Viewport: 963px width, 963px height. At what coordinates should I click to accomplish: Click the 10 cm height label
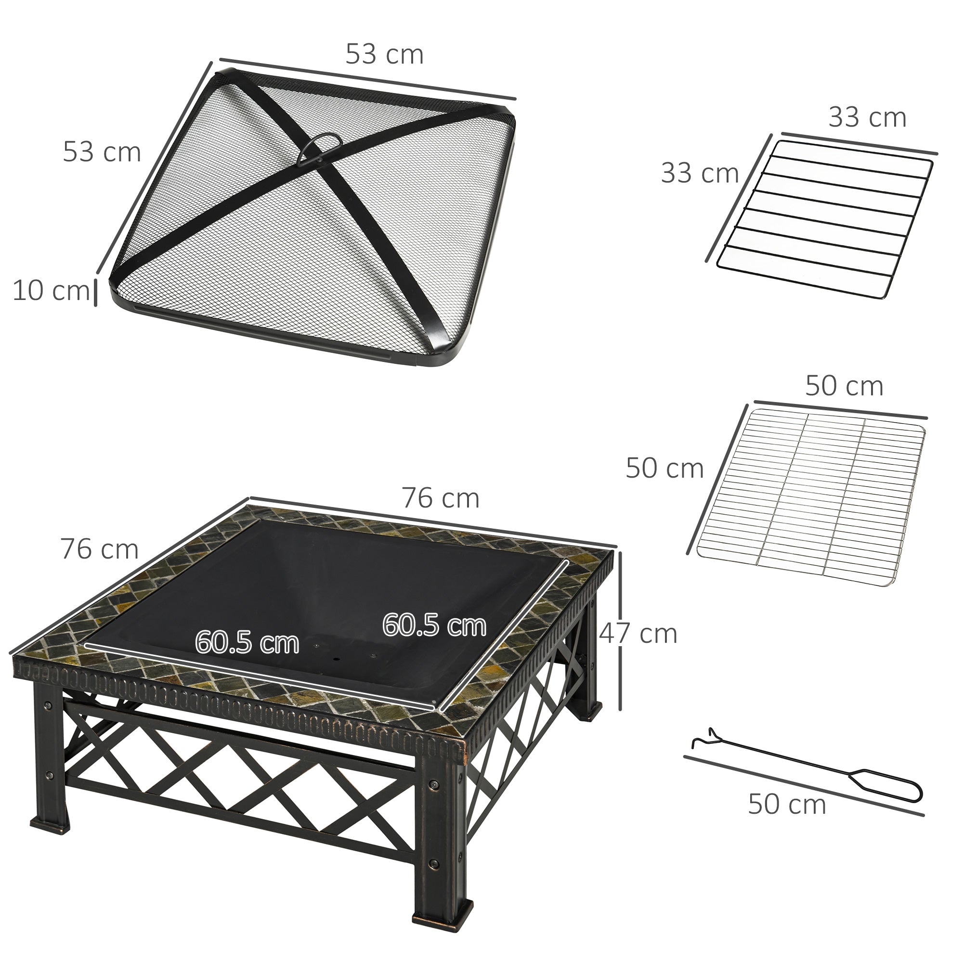point(52,291)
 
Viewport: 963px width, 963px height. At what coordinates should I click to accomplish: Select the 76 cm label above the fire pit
point(441,499)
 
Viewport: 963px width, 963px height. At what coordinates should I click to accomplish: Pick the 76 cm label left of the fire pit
point(99,550)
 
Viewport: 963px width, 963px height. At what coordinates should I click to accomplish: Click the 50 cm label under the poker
point(787,805)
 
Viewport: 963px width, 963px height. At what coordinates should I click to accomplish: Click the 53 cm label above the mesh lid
point(384,54)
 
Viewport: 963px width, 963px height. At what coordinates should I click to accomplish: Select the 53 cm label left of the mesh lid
point(102,153)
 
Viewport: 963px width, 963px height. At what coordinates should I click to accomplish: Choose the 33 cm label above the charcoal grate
point(867,118)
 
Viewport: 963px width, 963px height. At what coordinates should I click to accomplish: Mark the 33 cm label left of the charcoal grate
point(699,173)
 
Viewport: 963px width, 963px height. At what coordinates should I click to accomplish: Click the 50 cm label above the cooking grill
point(844,386)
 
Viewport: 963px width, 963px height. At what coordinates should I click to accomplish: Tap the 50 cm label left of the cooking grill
point(664,468)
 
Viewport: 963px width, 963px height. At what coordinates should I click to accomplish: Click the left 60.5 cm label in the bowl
point(247,642)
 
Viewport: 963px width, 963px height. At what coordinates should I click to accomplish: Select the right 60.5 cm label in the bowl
point(434,625)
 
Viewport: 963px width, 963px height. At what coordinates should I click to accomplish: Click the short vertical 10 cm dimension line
point(95,293)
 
